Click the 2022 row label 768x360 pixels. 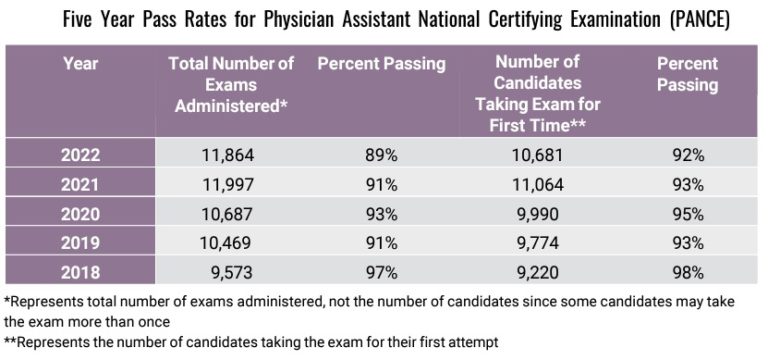[x=80, y=155]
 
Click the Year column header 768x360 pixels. [x=80, y=64]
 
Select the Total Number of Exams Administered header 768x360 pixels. [x=231, y=82]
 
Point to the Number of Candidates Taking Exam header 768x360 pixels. [x=538, y=92]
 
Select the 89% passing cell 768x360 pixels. [x=380, y=155]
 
